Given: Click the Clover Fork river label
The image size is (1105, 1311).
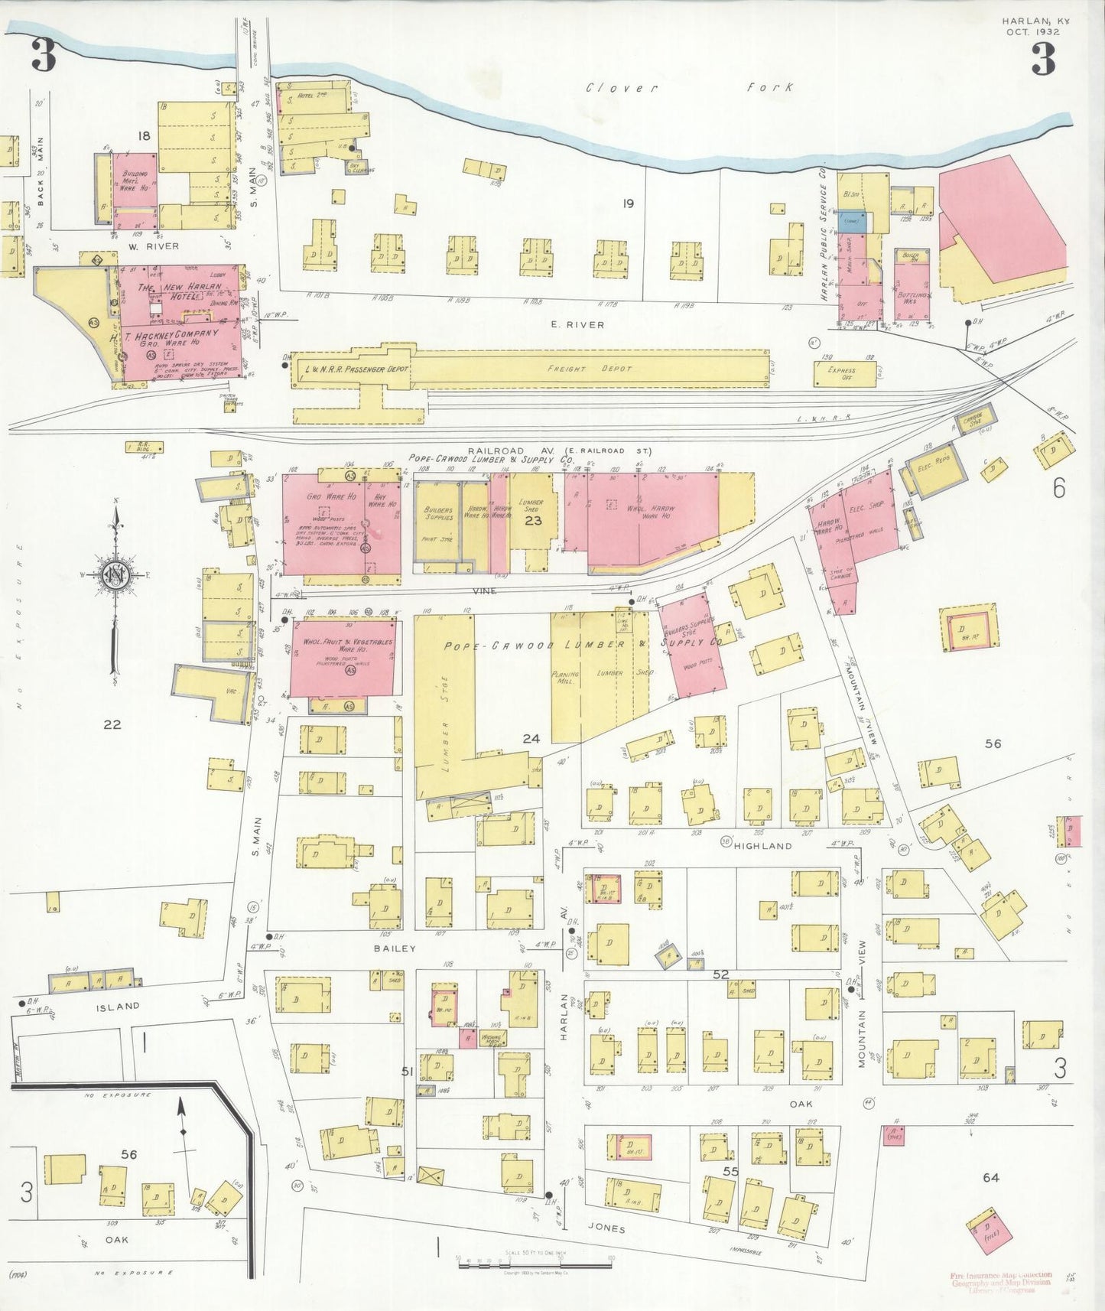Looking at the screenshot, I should [688, 88].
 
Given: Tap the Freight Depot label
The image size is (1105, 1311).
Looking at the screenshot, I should [602, 369].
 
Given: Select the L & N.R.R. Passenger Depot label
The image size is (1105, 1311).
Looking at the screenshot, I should [357, 369].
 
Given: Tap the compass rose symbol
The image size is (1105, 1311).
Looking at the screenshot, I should [115, 574].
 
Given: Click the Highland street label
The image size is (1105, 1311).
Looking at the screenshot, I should [762, 846].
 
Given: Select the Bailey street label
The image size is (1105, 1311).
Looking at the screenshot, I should [395, 948].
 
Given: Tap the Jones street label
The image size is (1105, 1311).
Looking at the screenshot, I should [608, 1229].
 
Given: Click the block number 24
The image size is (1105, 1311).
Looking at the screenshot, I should [531, 739].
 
